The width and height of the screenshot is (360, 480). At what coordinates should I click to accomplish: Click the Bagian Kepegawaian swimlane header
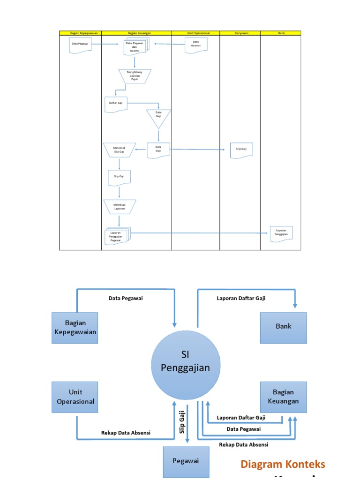pos(80,33)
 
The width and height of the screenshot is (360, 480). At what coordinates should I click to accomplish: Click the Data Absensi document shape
pos(195,44)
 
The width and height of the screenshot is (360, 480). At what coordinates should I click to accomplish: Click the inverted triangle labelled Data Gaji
pos(158,117)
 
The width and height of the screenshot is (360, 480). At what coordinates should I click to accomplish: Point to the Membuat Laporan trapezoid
pos(119,207)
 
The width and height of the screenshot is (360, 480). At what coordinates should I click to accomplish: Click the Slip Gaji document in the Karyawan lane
pos(241,150)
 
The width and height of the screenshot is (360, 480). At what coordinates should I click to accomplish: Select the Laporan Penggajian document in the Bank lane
pos(281,233)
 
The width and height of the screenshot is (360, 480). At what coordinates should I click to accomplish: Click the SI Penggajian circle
pos(185,361)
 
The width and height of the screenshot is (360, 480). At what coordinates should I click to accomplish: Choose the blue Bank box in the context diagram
pos(283,326)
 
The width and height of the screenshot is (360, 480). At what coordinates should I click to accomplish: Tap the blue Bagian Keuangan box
pos(283,397)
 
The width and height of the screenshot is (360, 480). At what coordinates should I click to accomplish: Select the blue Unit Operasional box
pos(75,397)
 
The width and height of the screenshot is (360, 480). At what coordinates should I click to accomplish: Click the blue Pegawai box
pos(185,461)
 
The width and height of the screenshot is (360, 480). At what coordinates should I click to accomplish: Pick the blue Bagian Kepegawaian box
pos(75,328)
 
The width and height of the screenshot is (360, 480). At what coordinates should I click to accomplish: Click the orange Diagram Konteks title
pos(282,464)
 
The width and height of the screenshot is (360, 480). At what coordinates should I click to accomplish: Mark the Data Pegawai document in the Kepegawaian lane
pos(81,45)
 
